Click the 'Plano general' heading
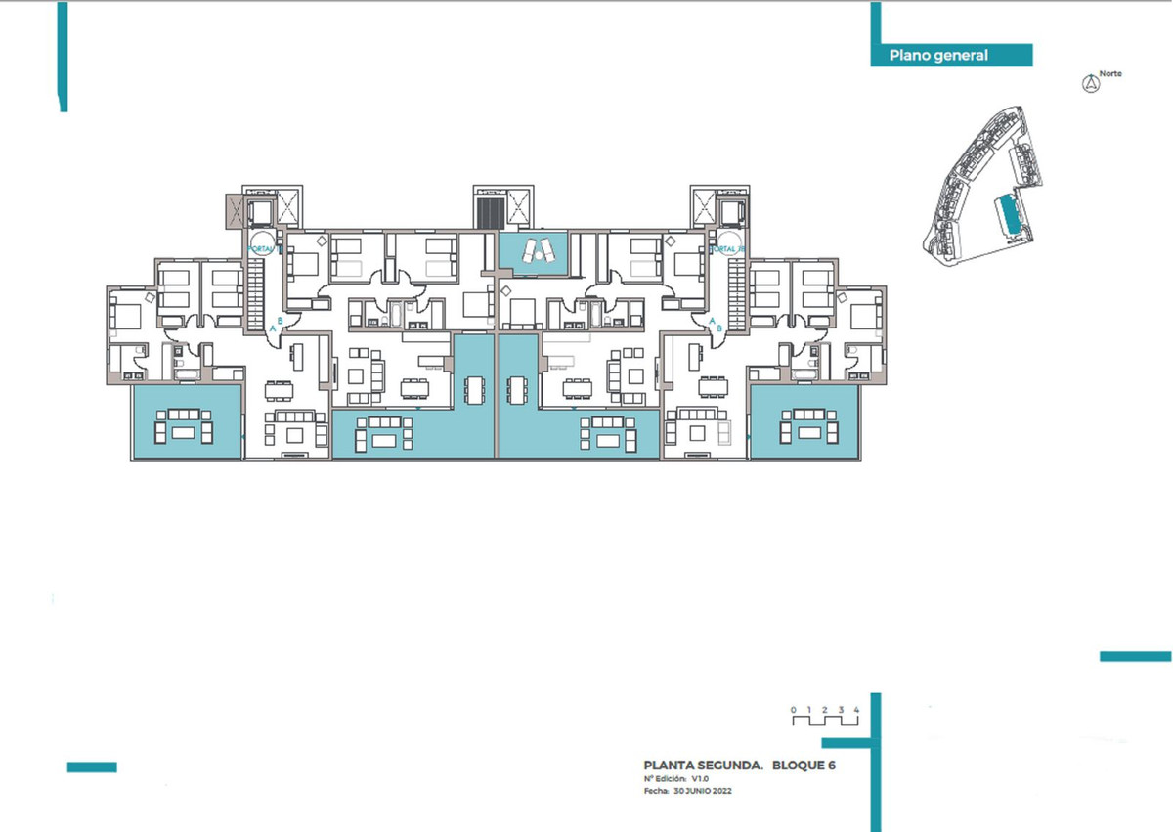click(x=938, y=56)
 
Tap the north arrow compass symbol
click(x=1088, y=84)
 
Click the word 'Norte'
click(x=1110, y=73)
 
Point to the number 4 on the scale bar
click(x=855, y=708)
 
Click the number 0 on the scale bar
click(x=794, y=708)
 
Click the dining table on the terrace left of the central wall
click(x=475, y=387)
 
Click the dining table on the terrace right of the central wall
click(x=515, y=387)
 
